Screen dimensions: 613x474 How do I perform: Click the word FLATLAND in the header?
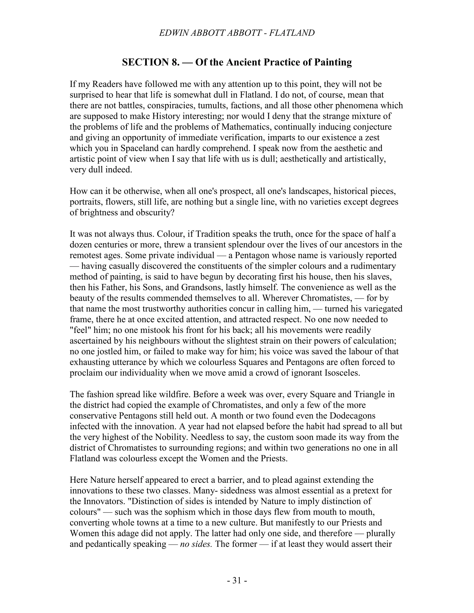(x=292, y=33)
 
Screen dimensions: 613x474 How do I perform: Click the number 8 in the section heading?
(x=174, y=62)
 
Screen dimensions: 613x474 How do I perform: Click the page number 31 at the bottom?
(x=237, y=580)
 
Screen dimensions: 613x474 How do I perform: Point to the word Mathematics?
(x=246, y=127)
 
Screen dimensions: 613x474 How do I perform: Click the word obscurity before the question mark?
(x=153, y=213)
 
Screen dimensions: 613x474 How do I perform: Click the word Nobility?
(x=170, y=437)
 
